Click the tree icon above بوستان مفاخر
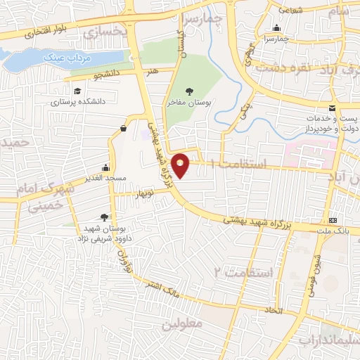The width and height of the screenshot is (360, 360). tap(189, 90)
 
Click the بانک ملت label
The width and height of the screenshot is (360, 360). tap(333, 231)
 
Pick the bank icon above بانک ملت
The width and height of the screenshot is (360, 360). tap(333, 220)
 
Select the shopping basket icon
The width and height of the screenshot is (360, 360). tap(124, 128)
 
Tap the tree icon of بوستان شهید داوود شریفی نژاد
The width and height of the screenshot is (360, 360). tap(105, 217)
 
